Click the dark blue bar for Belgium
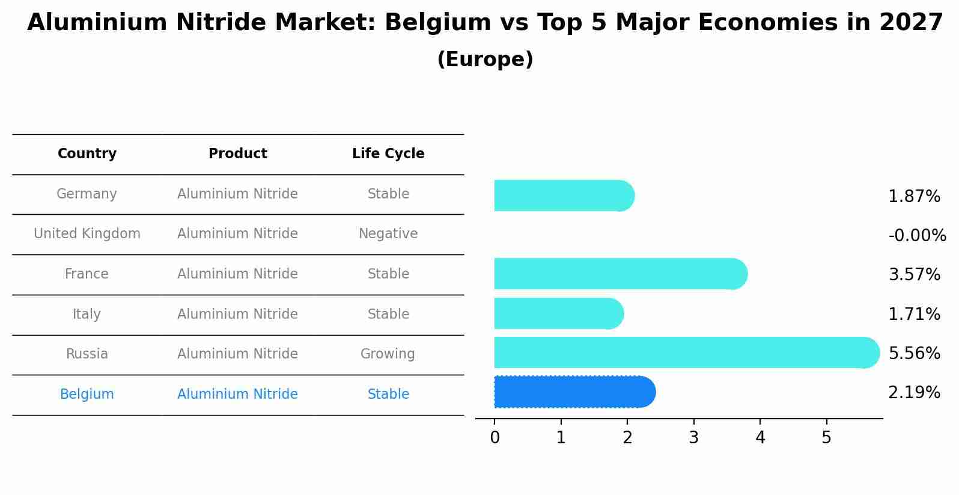(574, 392)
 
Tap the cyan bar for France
(619, 274)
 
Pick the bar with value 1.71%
(558, 313)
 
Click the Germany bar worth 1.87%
(563, 195)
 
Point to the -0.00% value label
(917, 235)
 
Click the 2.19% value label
(914, 393)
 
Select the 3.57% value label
(914, 275)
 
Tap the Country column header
(87, 154)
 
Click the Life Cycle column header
(388, 154)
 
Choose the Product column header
(238, 154)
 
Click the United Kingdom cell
(87, 234)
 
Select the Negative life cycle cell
(388, 234)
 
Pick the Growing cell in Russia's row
(388, 354)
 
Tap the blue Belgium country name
(87, 395)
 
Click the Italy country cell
(87, 315)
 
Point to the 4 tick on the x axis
(760, 438)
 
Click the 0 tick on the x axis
(495, 438)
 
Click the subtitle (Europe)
(485, 60)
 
